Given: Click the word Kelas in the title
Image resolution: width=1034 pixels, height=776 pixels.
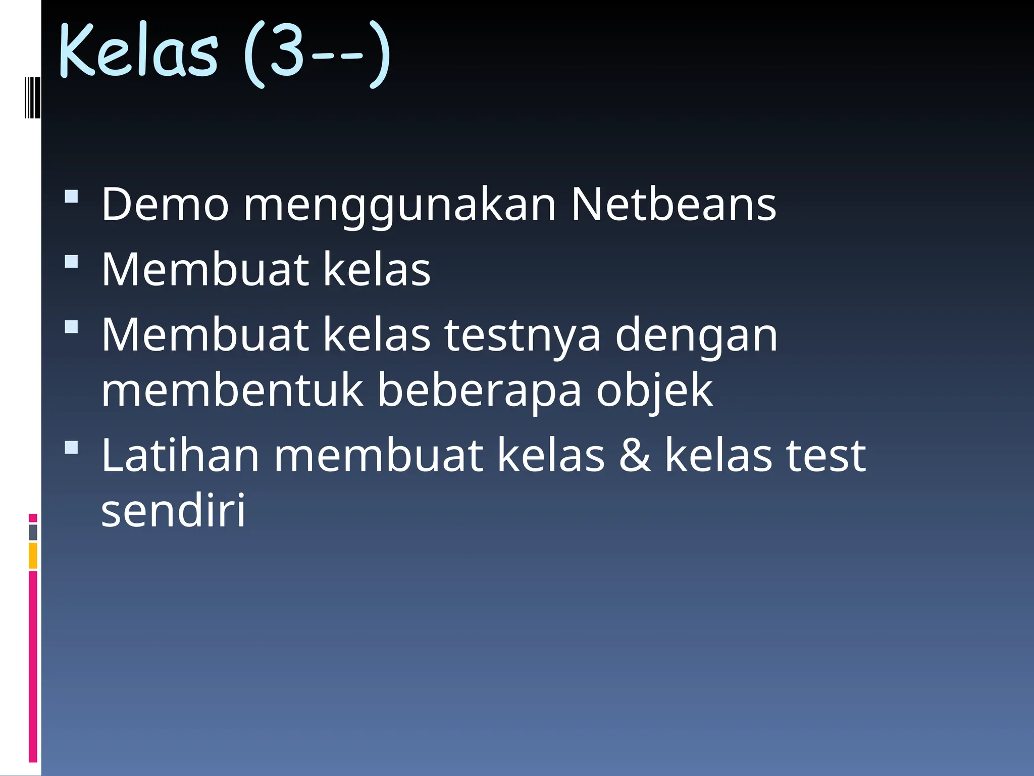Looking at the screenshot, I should (x=139, y=51).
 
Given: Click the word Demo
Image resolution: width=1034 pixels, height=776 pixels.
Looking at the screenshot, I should (x=165, y=204).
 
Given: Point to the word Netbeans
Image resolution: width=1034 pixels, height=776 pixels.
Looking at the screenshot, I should (x=674, y=204).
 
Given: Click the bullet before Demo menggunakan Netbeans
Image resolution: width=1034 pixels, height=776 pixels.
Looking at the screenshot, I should (x=72, y=196).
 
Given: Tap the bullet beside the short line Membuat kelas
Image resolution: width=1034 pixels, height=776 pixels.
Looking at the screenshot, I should (x=72, y=261).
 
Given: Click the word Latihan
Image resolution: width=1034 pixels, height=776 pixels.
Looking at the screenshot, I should (x=180, y=455).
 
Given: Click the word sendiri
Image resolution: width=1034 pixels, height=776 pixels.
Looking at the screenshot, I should (x=173, y=510).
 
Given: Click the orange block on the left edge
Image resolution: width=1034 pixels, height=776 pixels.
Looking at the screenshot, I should (x=33, y=556).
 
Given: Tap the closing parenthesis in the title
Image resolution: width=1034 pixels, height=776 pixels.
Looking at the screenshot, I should (x=379, y=55).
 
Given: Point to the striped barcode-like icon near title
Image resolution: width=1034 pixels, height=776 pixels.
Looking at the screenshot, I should (x=32, y=97).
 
